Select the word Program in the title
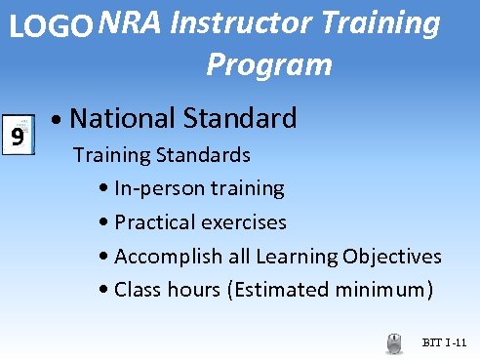coord(269,65)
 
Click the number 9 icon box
coord(17,135)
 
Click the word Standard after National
coord(238,119)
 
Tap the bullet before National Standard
coord(60,122)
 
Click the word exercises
coord(240,222)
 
